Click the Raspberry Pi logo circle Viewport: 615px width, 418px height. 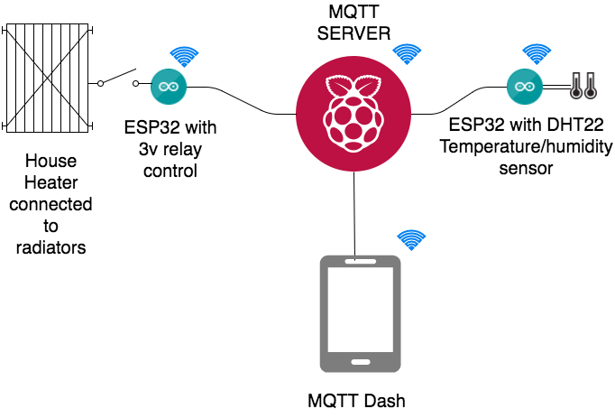point(354,111)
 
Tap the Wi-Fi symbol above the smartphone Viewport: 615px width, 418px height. point(411,240)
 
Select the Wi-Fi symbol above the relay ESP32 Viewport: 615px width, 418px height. point(184,58)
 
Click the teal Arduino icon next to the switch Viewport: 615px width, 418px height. point(167,86)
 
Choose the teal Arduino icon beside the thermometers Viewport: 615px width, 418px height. point(522,87)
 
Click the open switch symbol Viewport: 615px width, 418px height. point(119,79)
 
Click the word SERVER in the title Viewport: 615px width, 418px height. point(359,34)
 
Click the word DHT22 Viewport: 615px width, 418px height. point(561,126)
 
